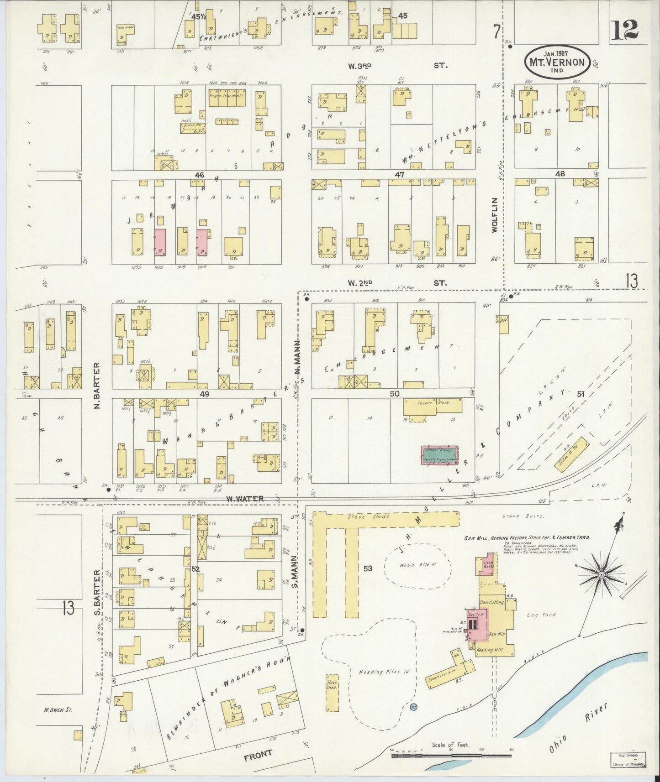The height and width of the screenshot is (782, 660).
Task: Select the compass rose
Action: pos(602,574)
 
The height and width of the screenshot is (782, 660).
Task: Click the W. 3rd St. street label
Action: pos(396,66)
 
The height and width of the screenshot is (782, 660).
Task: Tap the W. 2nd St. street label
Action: pos(396,283)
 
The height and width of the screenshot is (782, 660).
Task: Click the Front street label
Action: pos(259,753)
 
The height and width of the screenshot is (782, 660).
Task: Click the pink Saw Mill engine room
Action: pos(477,624)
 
